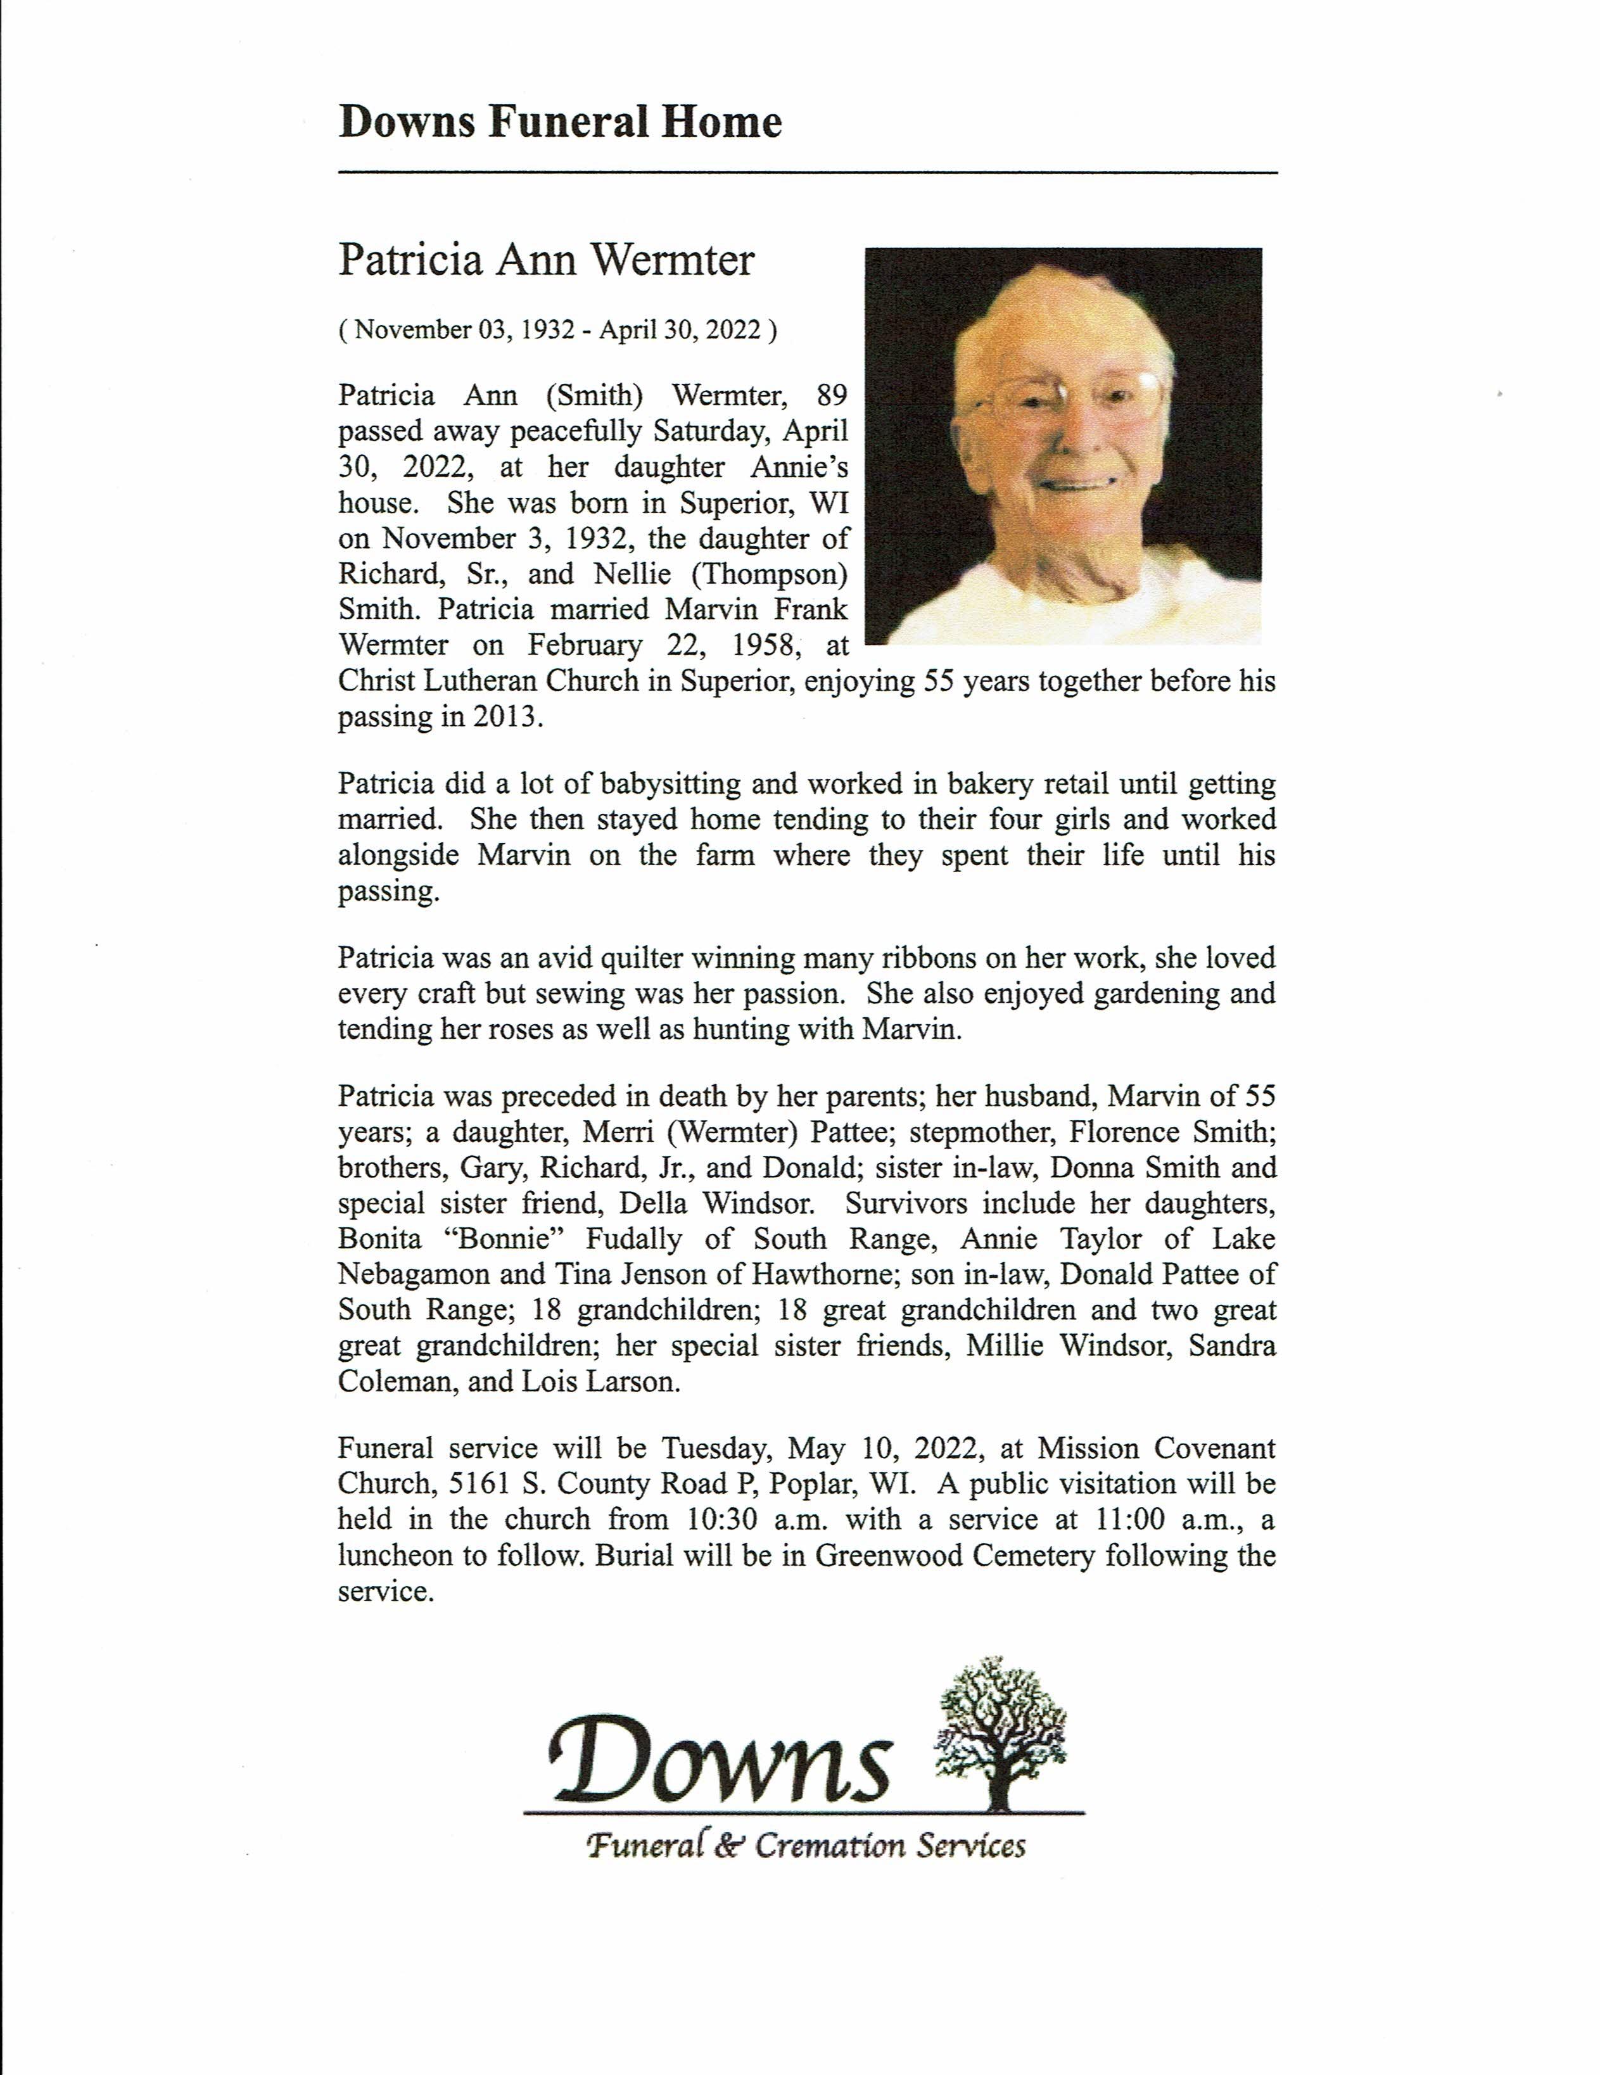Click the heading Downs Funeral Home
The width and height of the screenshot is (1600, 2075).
(560, 123)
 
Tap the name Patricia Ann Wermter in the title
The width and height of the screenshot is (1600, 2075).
(546, 260)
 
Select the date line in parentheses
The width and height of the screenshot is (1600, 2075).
(557, 329)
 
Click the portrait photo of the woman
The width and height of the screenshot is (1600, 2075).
(1062, 446)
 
